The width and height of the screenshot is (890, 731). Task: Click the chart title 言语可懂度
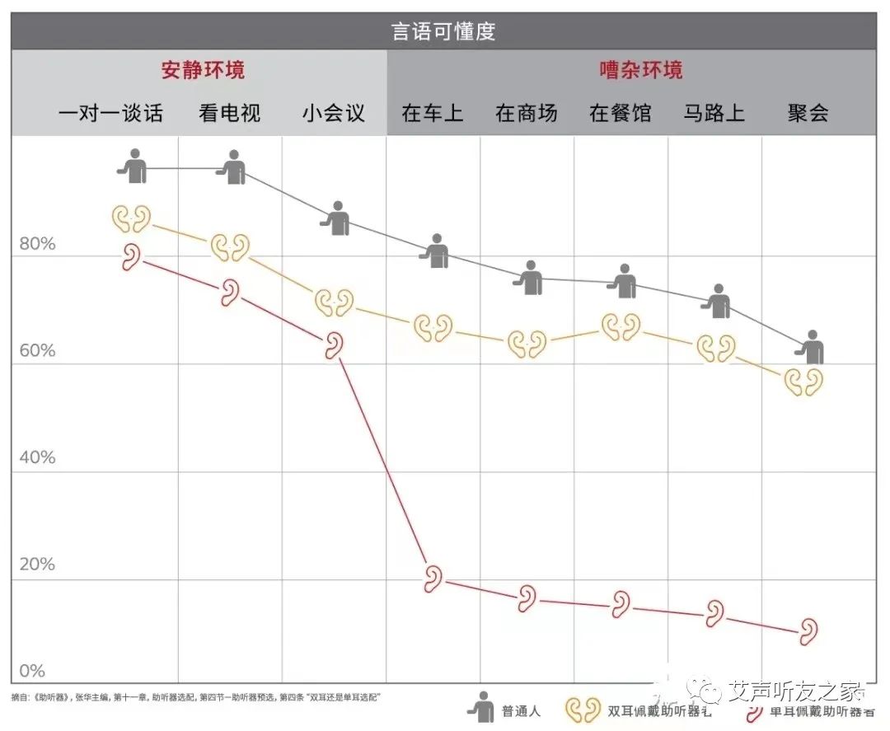(443, 32)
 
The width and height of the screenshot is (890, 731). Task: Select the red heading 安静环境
(203, 70)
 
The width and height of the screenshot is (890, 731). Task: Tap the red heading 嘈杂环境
(640, 70)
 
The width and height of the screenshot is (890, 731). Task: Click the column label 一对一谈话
(110, 113)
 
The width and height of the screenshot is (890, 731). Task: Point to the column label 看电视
(229, 113)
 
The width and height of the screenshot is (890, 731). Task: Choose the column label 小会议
(333, 113)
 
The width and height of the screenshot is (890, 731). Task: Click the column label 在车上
(432, 113)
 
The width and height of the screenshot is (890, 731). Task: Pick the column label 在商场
(526, 113)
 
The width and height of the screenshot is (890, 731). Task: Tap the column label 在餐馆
(620, 113)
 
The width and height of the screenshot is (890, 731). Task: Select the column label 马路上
(714, 113)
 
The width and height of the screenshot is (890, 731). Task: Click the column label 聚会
(808, 113)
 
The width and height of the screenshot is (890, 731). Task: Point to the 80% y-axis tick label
(37, 245)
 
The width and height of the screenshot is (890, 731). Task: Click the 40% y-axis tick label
(37, 457)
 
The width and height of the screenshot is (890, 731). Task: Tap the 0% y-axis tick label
(32, 671)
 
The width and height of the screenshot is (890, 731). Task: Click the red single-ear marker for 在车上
(433, 579)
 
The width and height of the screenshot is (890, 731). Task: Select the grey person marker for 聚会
(812, 348)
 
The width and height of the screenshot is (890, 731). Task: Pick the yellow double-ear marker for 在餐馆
(620, 327)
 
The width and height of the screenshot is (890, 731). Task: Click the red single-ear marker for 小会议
(334, 345)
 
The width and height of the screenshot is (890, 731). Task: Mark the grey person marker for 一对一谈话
(133, 166)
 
